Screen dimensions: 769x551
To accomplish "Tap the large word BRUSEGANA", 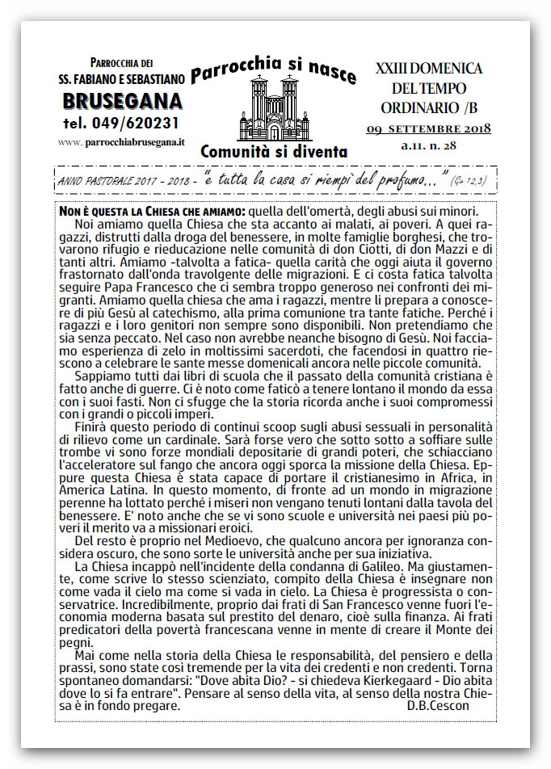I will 121,102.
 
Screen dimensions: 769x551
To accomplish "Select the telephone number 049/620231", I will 121,124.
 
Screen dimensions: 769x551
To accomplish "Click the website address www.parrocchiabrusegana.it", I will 122,141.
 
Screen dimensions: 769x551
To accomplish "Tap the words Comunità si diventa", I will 274,150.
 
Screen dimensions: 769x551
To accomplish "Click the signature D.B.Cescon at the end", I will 439,705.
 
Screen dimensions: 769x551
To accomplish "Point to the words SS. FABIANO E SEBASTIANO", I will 121,78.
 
